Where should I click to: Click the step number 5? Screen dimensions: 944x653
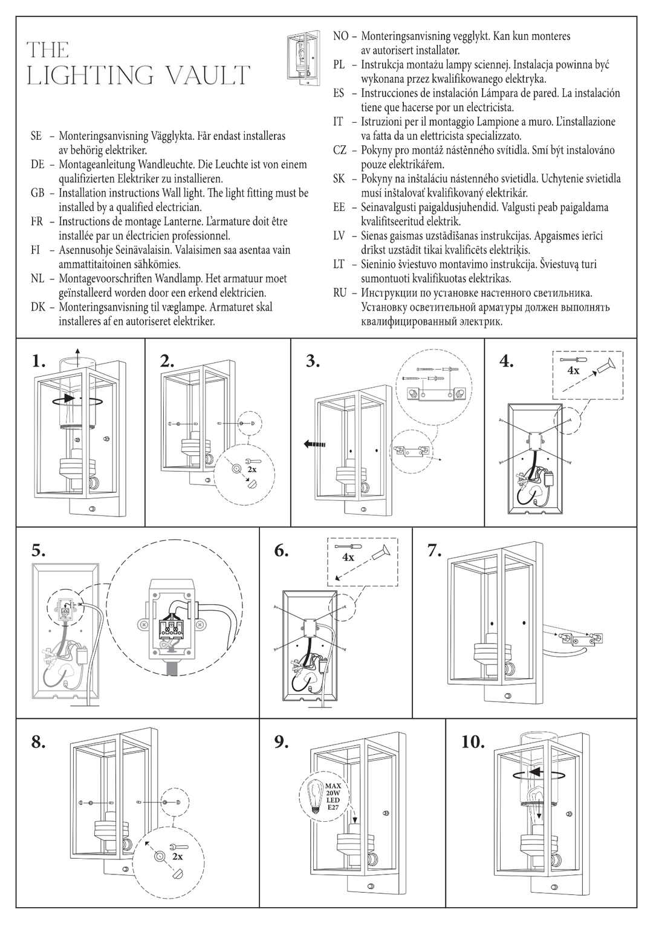38,550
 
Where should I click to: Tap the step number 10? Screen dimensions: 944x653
473,742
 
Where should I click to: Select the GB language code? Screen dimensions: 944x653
37,193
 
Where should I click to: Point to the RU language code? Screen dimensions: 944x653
340,293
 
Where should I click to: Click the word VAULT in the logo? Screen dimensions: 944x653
207,76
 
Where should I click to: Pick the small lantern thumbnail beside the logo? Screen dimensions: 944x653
300,57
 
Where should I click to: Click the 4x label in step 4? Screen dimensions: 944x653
573,371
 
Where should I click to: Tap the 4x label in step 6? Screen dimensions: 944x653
348,558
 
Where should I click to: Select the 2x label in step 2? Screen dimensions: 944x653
252,469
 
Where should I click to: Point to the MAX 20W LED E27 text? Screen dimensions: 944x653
333,796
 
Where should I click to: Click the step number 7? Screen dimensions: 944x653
434,550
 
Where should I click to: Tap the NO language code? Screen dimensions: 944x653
340,36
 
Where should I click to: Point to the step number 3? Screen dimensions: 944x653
312,362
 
